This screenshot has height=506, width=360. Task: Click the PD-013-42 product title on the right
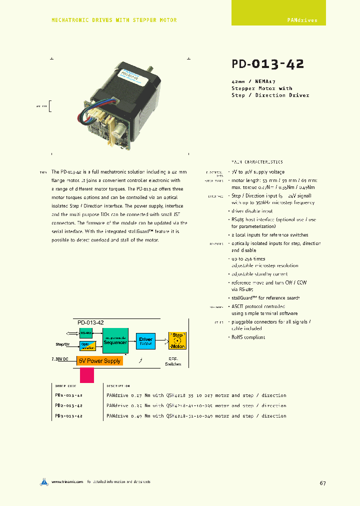267,64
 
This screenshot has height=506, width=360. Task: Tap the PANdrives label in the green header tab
302,20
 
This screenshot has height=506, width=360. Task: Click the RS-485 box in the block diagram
85,332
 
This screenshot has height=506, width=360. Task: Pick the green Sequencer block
115,340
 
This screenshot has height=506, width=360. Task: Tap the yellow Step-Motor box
177,340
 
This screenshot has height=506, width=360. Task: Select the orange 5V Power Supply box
99,360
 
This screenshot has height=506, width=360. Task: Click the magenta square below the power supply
87,375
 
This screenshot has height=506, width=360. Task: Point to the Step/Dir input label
62,344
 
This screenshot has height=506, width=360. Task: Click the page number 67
322,483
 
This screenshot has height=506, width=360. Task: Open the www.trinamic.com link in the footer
67,482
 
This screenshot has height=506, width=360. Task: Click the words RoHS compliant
248,337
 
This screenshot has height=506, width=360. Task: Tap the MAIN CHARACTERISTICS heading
257,162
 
